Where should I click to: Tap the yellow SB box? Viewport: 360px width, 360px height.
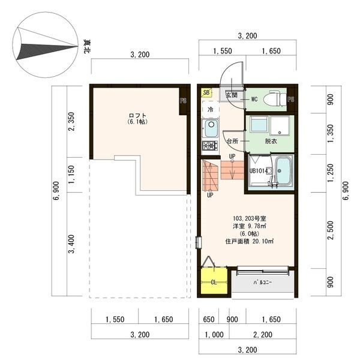click(206, 92)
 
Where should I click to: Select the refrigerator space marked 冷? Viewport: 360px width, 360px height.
click(211, 110)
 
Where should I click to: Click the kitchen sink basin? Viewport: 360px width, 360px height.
click(211, 128)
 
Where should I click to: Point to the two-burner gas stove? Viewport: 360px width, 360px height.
click(210, 146)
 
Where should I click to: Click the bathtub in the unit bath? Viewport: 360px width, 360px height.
click(283, 171)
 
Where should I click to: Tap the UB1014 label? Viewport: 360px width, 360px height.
click(259, 171)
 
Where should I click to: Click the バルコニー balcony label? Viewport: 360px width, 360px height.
click(262, 282)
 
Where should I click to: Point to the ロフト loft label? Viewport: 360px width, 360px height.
click(137, 115)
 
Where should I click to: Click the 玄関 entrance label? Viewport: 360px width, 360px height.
click(232, 95)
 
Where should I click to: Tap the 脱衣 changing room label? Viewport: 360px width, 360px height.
click(271, 141)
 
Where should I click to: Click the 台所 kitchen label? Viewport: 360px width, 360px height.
click(232, 141)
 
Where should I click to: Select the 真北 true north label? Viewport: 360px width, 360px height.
click(87, 47)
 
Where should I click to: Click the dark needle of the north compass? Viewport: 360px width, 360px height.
click(47, 51)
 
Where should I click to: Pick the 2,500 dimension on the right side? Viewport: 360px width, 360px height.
click(331, 230)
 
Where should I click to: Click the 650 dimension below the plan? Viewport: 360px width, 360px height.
click(209, 319)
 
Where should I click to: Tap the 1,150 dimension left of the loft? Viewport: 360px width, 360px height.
click(71, 175)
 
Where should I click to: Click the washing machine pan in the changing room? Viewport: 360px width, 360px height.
click(280, 125)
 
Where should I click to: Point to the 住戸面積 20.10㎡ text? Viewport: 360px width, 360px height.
click(250, 241)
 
